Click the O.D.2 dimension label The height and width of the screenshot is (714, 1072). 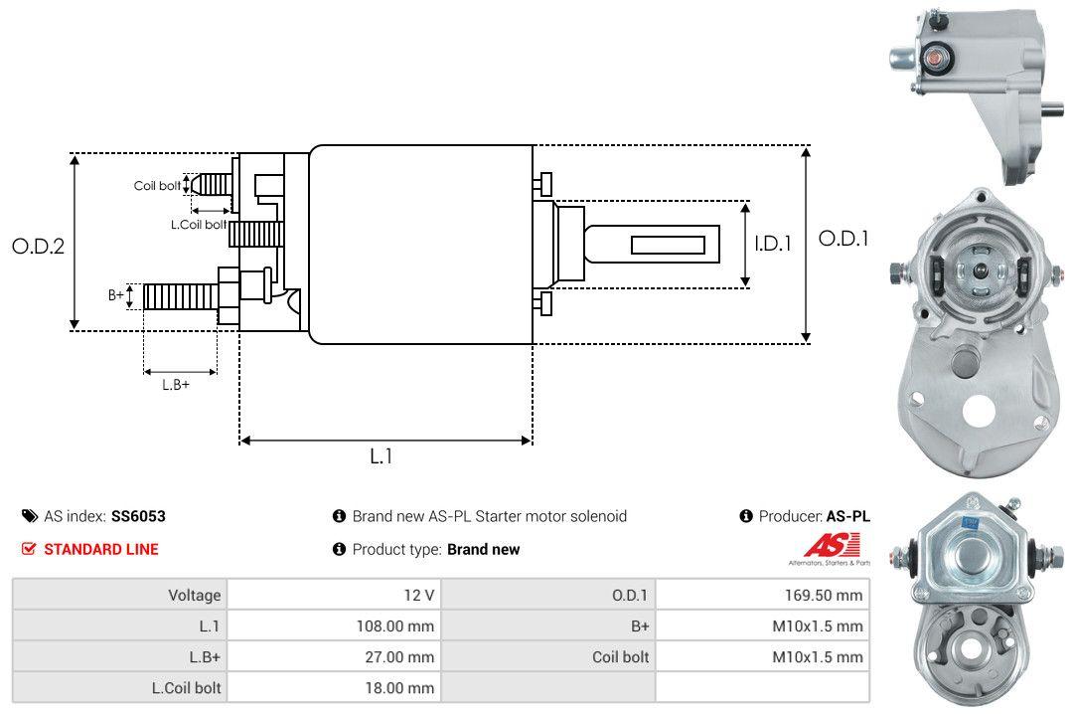click(38, 246)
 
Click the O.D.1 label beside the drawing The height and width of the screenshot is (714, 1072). click(843, 239)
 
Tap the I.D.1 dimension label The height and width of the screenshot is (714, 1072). click(772, 242)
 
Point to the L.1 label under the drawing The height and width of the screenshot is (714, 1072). click(382, 456)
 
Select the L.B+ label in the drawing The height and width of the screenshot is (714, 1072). click(176, 385)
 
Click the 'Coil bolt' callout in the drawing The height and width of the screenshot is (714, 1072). click(157, 186)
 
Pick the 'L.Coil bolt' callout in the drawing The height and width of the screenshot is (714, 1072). click(198, 225)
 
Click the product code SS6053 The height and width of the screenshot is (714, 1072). click(138, 516)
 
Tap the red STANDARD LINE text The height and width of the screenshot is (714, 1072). click(100, 549)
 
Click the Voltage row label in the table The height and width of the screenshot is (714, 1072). click(194, 595)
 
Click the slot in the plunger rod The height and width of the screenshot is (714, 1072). click(668, 245)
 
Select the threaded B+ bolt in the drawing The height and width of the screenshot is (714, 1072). click(180, 295)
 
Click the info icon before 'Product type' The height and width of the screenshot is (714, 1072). click(339, 549)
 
